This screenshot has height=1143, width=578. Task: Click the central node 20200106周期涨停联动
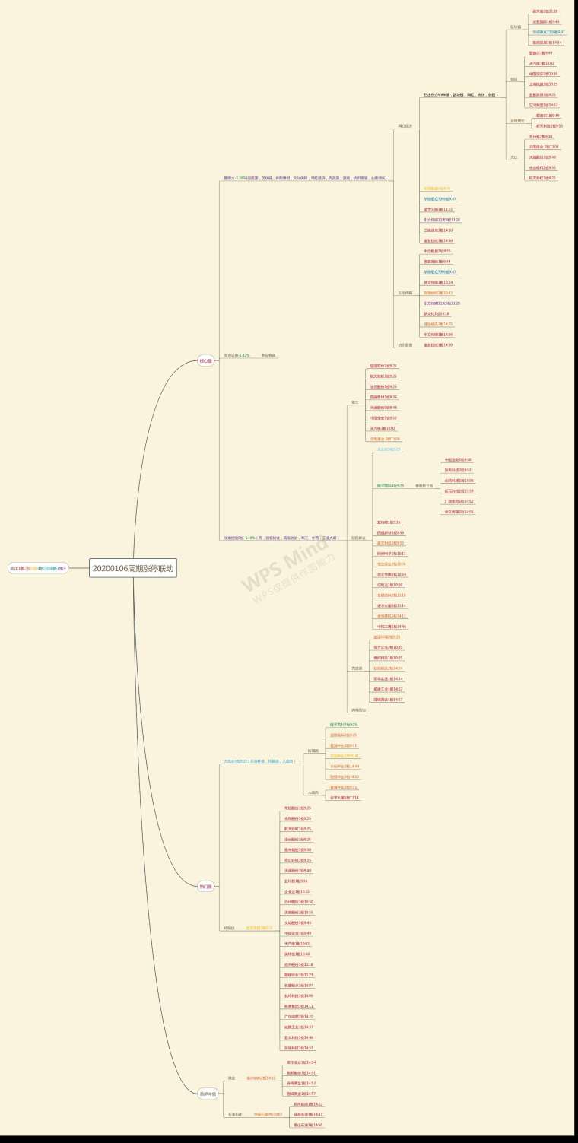pyautogui.click(x=133, y=568)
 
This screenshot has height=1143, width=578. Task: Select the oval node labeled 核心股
pyautogui.click(x=205, y=360)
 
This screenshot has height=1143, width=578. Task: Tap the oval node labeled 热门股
pyautogui.click(x=205, y=886)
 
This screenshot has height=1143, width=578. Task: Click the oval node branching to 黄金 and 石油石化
pyautogui.click(x=208, y=1094)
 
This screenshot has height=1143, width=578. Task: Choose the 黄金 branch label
pyautogui.click(x=231, y=1078)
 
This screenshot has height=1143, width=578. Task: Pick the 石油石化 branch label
pyautogui.click(x=235, y=1114)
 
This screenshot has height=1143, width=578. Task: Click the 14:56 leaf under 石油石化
pyautogui.click(x=308, y=1125)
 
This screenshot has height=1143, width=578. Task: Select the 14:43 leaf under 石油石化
pyautogui.click(x=308, y=1114)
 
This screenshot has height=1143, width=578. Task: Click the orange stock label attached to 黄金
pyautogui.click(x=261, y=1078)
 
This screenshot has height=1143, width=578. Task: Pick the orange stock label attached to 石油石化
pyautogui.click(x=268, y=1114)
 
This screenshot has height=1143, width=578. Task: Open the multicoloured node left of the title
pyautogui.click(x=37, y=568)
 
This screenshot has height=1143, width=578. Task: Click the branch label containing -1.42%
pyautogui.click(x=237, y=355)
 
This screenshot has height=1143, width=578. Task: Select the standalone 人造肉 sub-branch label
pyautogui.click(x=313, y=792)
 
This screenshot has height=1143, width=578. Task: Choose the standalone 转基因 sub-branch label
pyautogui.click(x=313, y=751)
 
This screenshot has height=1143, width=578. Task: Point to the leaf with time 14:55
pyautogui.click(x=298, y=1047)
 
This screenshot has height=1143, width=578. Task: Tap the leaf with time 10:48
pyautogui.click(x=297, y=954)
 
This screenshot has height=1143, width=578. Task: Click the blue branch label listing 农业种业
pyautogui.click(x=259, y=760)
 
